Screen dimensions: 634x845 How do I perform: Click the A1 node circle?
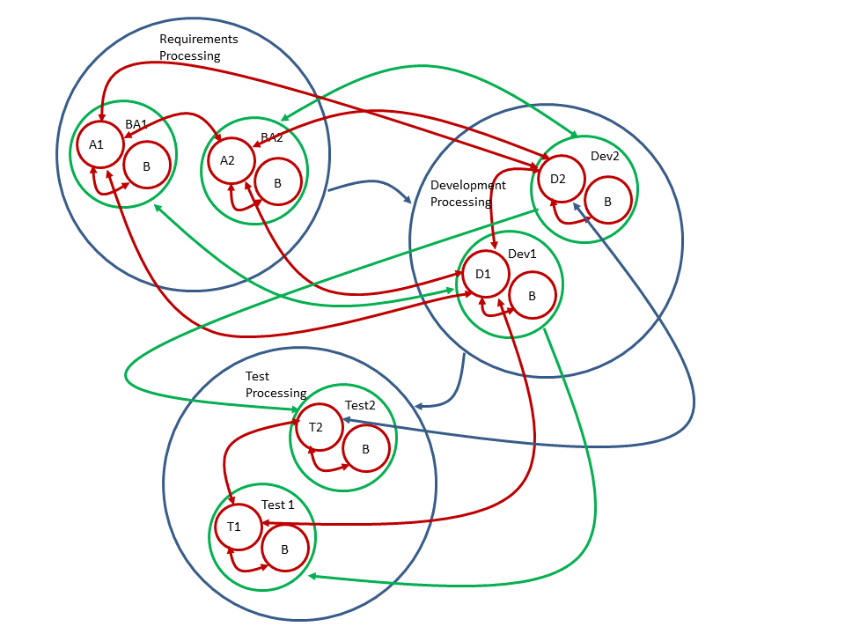tap(97, 144)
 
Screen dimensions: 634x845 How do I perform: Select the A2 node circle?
tap(228, 159)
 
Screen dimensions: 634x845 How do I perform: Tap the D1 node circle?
tap(483, 274)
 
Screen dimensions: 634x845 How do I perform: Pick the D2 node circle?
tap(558, 179)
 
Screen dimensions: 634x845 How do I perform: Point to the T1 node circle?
tap(234, 527)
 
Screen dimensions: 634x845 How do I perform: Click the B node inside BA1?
tap(146, 165)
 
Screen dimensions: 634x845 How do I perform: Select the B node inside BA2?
tap(278, 182)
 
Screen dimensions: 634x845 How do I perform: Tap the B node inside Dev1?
tap(532, 296)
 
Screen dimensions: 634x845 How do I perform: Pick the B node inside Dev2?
tap(607, 201)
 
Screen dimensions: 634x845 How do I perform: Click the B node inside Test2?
tap(365, 449)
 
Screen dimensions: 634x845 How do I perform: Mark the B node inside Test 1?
tap(284, 549)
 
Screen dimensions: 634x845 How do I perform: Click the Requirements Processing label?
tap(198, 48)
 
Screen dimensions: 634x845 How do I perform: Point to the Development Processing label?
tap(467, 193)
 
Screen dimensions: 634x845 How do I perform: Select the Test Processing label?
tap(275, 385)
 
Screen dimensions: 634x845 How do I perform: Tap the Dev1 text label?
tap(522, 254)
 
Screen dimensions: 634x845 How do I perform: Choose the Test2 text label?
tap(360, 405)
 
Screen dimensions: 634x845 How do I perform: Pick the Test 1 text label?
tap(278, 505)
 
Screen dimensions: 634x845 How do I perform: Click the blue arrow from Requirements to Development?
tap(370, 184)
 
